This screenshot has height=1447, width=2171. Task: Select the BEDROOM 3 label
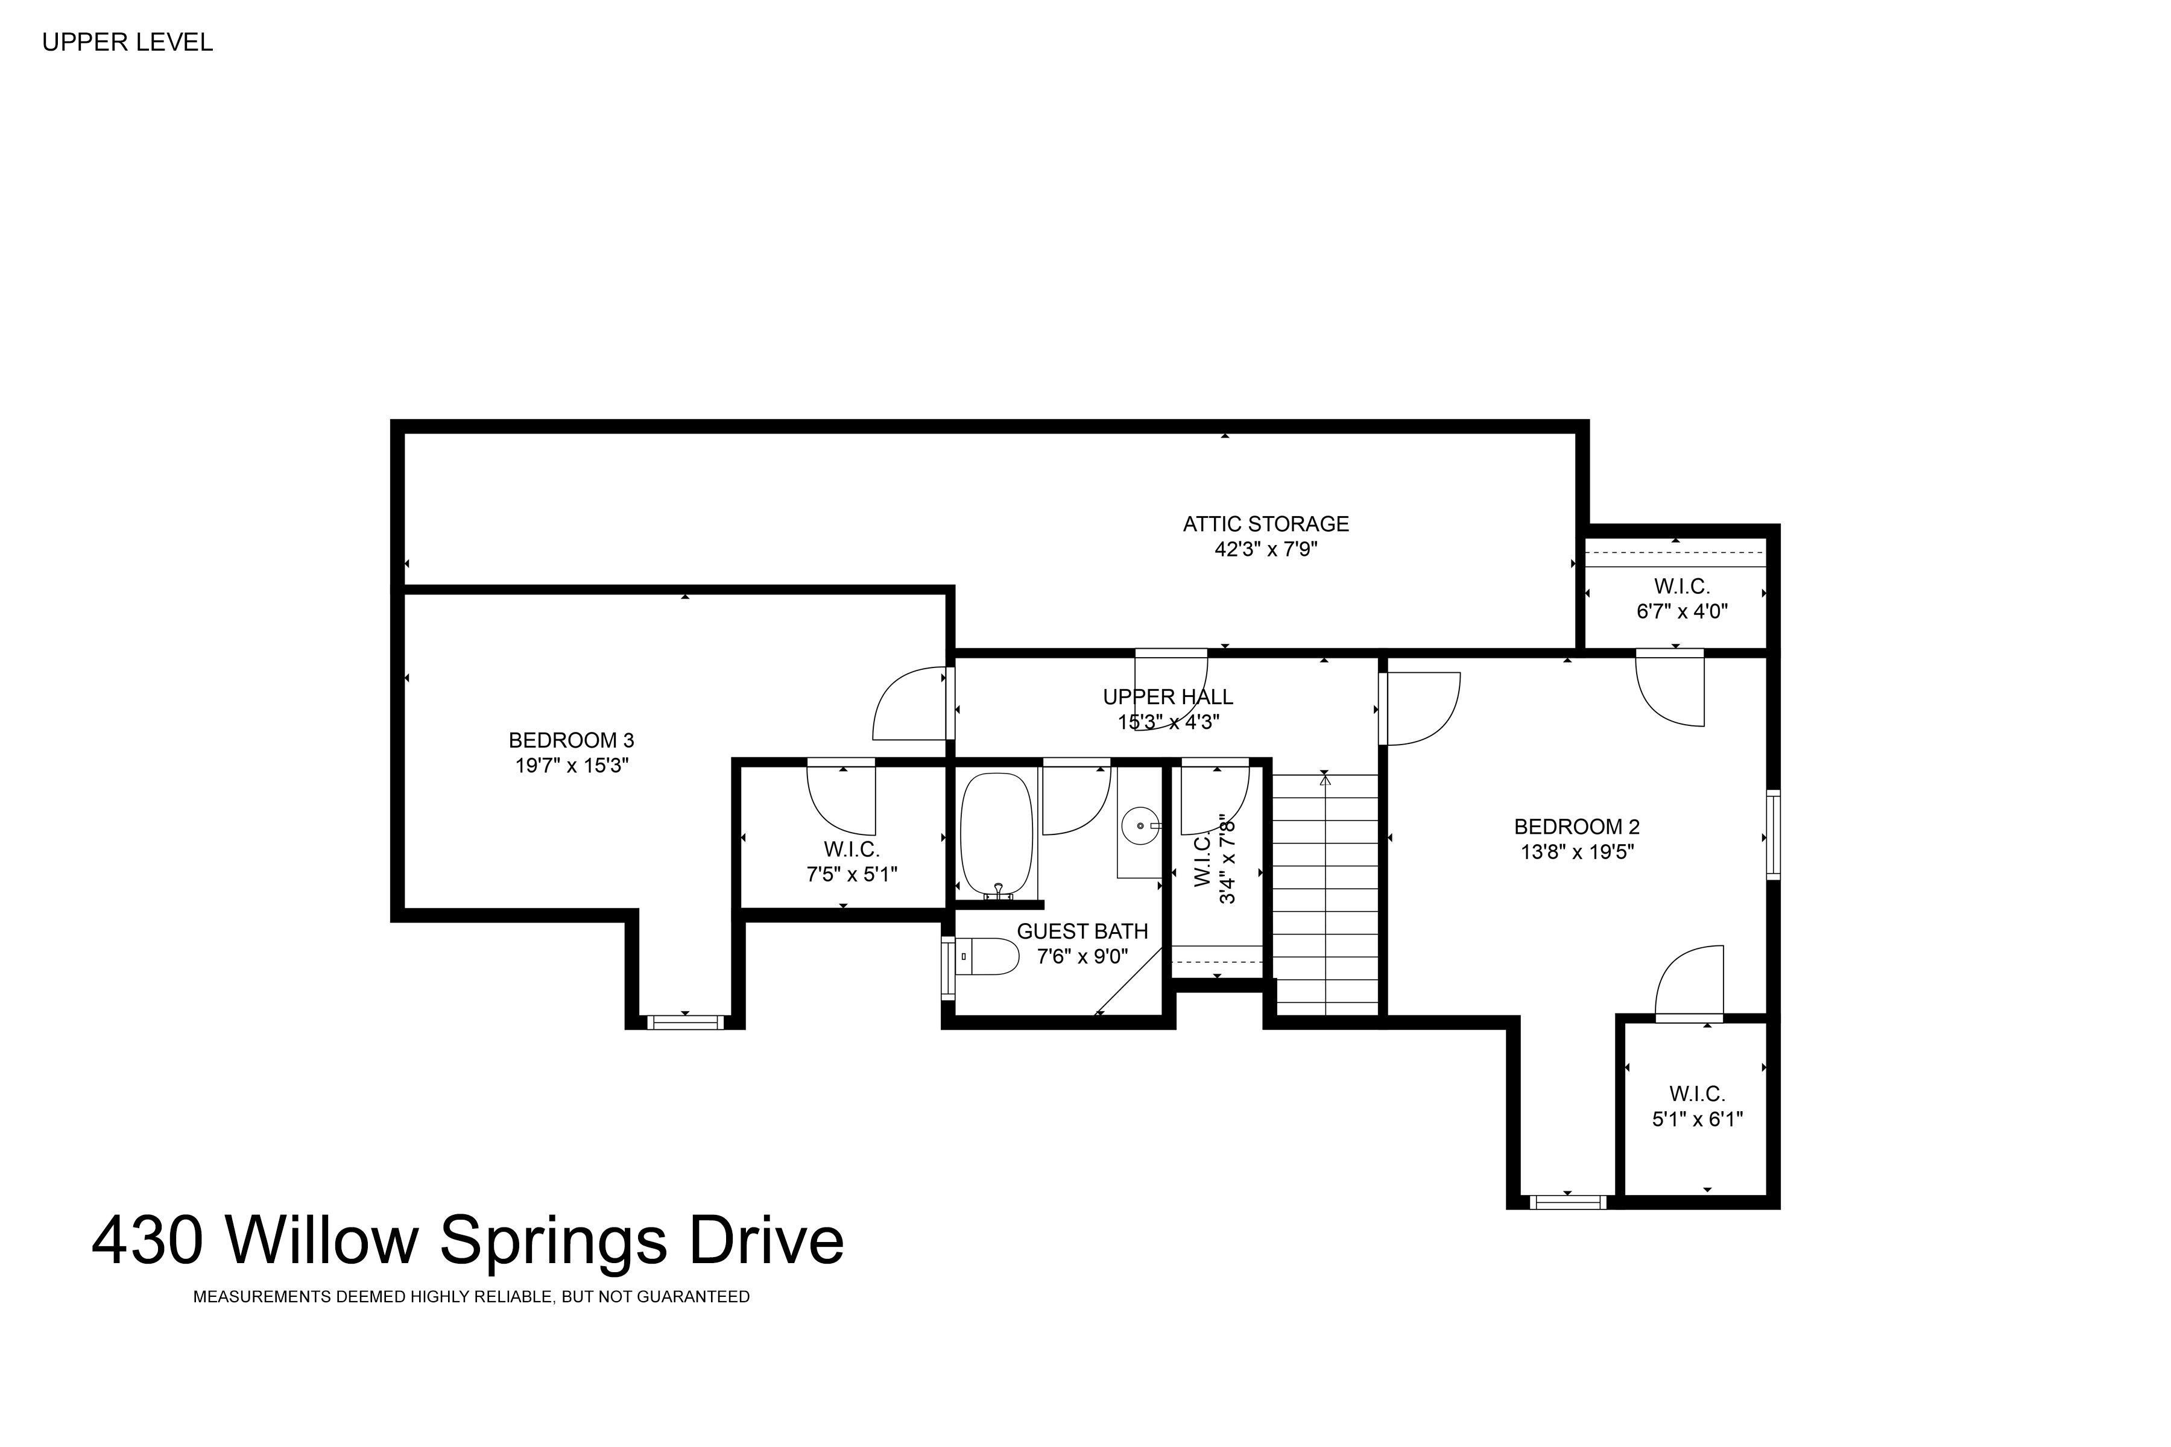pyautogui.click(x=571, y=740)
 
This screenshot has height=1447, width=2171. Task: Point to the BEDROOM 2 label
pyautogui.click(x=1576, y=827)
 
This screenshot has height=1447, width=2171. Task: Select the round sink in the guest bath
pyautogui.click(x=1141, y=825)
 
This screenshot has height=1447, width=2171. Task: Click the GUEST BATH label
pyautogui.click(x=1082, y=932)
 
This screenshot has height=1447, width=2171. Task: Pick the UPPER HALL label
pyautogui.click(x=1168, y=698)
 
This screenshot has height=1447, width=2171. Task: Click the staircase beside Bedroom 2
pyautogui.click(x=1326, y=894)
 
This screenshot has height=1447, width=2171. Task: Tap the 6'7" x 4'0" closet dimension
pyautogui.click(x=1682, y=611)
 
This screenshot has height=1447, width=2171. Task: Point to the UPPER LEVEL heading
pyautogui.click(x=127, y=42)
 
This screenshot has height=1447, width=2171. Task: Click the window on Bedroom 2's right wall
pyautogui.click(x=1773, y=834)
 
